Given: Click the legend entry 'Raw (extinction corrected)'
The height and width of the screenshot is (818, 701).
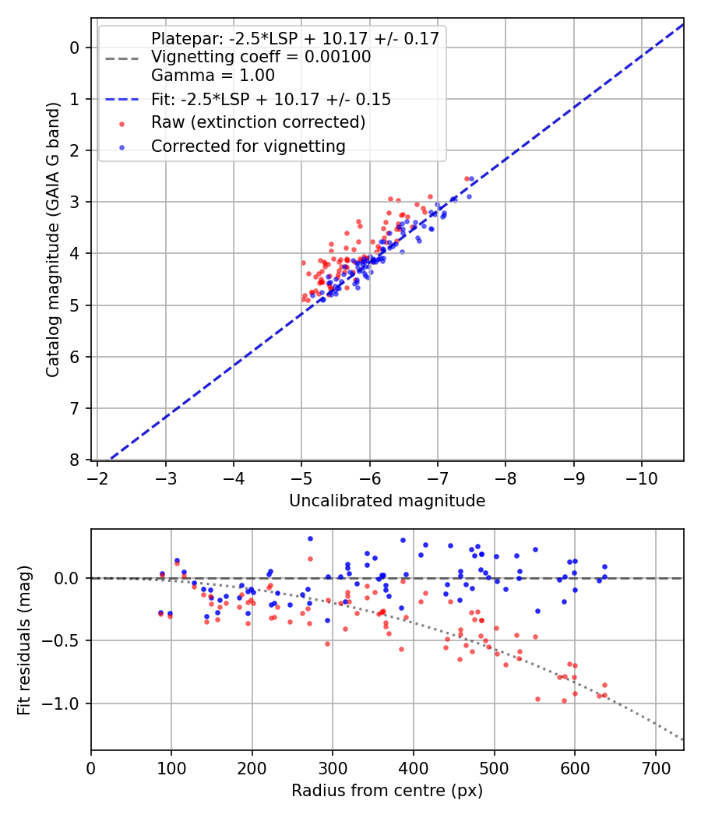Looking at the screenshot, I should tap(258, 122).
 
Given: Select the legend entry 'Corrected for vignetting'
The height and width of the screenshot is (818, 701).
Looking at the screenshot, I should tap(248, 146).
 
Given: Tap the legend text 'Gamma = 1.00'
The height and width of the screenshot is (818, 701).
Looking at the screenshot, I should tap(213, 76).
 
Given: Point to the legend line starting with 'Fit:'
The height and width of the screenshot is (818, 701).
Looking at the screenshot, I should tap(270, 99).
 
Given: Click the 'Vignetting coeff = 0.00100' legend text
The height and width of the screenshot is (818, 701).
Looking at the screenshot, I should tap(261, 57).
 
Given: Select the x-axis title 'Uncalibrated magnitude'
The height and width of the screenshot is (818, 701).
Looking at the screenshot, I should tap(387, 501).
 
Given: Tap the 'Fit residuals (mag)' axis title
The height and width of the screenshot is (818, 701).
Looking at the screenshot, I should tap(24, 640).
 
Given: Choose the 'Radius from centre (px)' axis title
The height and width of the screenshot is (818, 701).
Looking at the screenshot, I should tap(387, 791).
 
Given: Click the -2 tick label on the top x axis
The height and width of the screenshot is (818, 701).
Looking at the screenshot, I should tap(98, 477).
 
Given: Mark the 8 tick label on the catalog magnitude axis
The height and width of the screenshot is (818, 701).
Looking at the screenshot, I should tap(75, 460).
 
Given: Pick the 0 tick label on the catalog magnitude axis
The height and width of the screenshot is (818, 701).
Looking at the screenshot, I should tap(75, 48).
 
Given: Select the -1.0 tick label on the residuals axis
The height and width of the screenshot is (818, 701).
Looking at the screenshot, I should tap(65, 703).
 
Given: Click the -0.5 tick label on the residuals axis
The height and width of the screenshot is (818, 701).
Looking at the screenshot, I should tap(65, 640).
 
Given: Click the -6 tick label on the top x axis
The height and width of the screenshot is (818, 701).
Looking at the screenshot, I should tap(369, 477).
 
